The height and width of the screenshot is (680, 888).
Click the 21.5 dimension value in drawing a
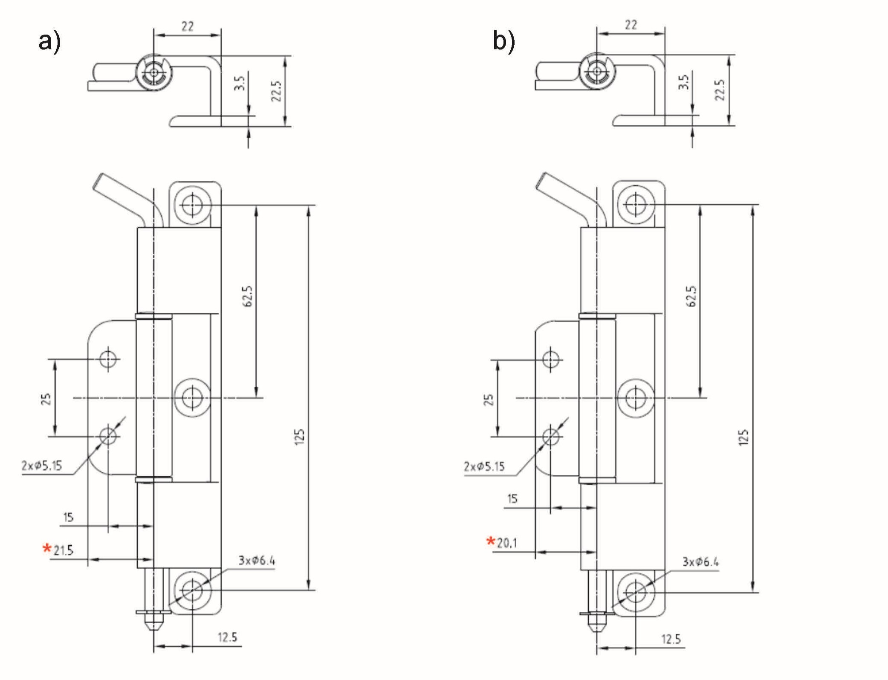(64, 550)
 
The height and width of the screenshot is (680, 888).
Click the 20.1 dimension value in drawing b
(507, 543)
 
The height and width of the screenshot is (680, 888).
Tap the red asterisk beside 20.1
(491, 541)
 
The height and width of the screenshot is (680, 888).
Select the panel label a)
(49, 42)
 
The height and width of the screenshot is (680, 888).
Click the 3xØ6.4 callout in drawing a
(257, 561)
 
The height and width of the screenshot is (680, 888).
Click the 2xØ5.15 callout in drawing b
(484, 466)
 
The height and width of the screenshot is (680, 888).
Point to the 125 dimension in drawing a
(300, 437)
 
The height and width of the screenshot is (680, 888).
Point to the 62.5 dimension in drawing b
(691, 296)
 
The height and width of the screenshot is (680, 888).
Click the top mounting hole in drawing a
(192, 205)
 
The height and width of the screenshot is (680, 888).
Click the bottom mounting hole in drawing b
(635, 592)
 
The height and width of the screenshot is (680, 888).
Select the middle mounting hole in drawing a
(192, 398)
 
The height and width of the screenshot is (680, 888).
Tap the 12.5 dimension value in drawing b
(671, 639)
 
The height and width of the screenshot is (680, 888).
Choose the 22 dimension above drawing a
(188, 26)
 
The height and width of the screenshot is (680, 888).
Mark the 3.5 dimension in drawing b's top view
(683, 82)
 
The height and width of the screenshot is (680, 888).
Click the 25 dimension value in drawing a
(46, 399)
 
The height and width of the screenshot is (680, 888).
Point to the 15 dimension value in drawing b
(512, 499)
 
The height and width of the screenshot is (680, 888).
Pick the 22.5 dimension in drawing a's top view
(276, 91)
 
